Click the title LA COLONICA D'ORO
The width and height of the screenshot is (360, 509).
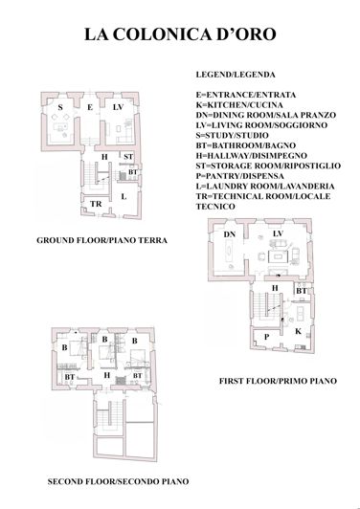click(x=180, y=35)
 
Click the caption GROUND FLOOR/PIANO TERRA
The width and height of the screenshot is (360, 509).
click(x=101, y=241)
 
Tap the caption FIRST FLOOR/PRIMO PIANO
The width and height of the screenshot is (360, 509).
click(x=278, y=381)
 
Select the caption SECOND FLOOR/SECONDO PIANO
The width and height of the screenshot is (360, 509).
click(x=118, y=480)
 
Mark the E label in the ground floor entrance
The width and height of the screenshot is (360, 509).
click(x=89, y=108)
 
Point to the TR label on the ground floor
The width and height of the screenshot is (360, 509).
click(x=96, y=204)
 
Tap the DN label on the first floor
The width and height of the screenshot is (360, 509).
click(x=229, y=234)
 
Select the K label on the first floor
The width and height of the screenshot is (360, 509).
click(x=299, y=330)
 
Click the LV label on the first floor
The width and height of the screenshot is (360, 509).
click(x=277, y=234)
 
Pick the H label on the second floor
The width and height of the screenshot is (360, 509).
click(x=107, y=375)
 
